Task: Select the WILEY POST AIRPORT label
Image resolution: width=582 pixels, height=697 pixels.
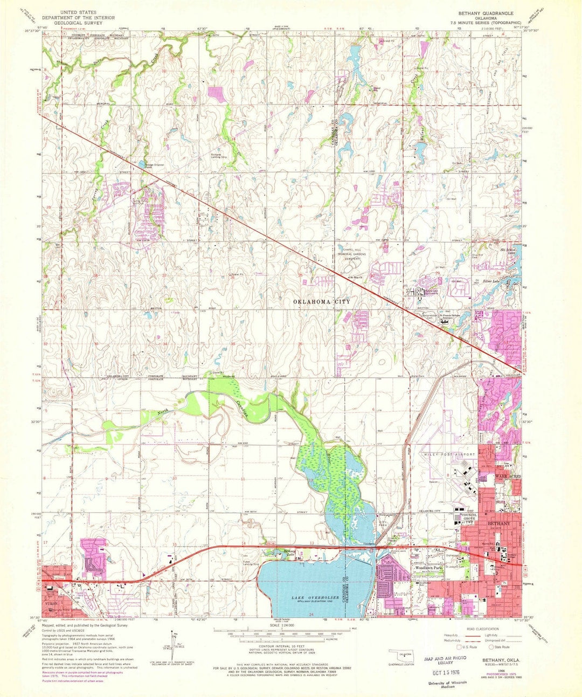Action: click(x=447, y=454)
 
